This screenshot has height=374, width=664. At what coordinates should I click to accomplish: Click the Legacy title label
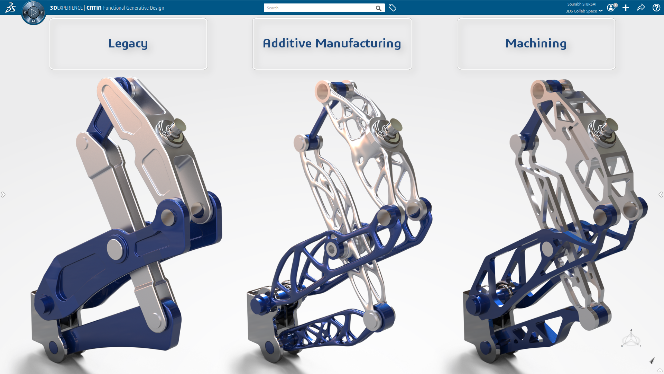click(x=128, y=43)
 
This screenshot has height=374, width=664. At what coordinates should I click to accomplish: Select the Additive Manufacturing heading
click(x=332, y=43)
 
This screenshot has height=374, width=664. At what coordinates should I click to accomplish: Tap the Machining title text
click(x=536, y=43)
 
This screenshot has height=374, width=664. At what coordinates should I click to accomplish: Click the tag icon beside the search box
click(x=392, y=8)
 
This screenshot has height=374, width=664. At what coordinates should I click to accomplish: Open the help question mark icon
click(x=656, y=8)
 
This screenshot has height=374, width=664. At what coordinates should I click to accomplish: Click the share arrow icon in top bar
click(x=641, y=8)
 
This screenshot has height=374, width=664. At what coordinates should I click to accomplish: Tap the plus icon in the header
click(x=626, y=8)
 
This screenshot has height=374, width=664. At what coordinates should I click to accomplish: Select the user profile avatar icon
click(x=611, y=8)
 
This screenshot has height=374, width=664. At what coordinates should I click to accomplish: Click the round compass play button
click(x=34, y=13)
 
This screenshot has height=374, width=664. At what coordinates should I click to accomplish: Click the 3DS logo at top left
click(x=10, y=8)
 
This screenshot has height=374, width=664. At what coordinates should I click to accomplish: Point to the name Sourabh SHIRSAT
click(x=582, y=4)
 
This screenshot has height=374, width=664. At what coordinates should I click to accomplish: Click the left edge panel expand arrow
click(x=3, y=195)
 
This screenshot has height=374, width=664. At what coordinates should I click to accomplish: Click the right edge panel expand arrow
click(x=661, y=195)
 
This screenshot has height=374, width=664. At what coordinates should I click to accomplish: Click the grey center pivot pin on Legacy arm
click(x=114, y=249)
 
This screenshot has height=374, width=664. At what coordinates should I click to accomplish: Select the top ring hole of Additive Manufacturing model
click(x=322, y=91)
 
